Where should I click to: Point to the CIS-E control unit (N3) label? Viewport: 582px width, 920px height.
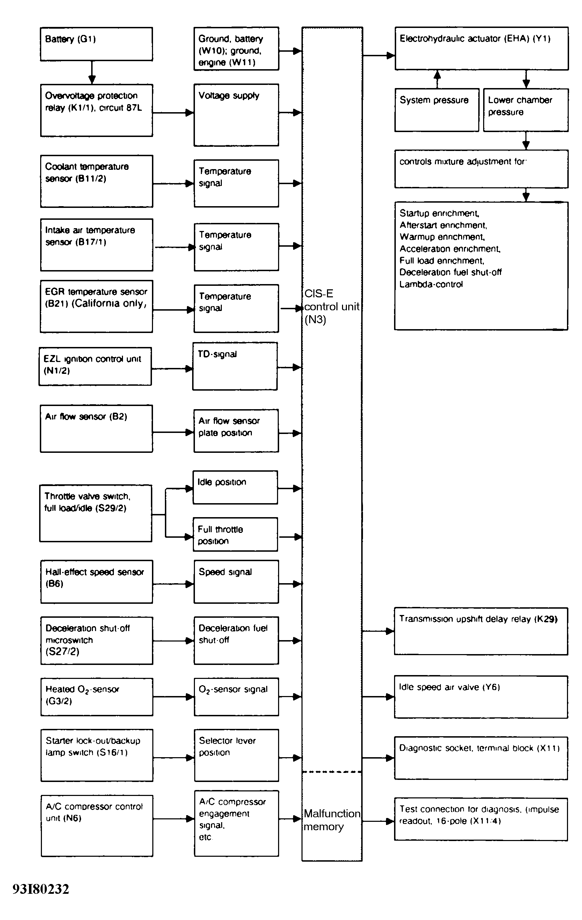tap(332, 306)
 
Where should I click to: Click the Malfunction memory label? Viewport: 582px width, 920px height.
tap(332, 820)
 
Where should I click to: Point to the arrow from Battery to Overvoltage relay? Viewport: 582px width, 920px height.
tap(92, 72)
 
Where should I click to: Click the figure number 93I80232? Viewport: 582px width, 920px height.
tap(41, 890)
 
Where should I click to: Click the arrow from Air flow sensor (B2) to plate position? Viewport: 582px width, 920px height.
tap(173, 433)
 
